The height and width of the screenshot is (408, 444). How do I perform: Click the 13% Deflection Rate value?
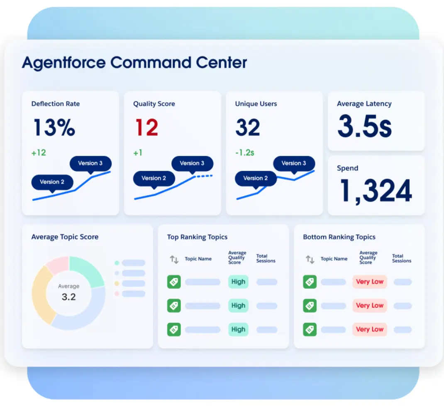click(54, 128)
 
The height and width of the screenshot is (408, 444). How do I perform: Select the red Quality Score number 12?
click(146, 128)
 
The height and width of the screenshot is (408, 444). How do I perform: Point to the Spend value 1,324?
click(376, 191)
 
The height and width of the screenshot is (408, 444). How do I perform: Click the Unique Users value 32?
click(248, 128)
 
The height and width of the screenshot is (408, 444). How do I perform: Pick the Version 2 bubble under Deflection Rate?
click(52, 182)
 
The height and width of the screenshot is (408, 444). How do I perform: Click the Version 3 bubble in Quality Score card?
click(192, 163)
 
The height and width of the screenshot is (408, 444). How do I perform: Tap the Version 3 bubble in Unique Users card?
click(294, 163)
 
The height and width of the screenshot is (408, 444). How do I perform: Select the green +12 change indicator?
click(39, 152)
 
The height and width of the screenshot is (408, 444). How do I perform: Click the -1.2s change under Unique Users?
click(244, 152)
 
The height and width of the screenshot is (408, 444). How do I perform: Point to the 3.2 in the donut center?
click(68, 297)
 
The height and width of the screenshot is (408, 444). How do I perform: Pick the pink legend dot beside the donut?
click(117, 294)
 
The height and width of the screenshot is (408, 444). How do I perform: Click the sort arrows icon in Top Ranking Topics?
click(174, 260)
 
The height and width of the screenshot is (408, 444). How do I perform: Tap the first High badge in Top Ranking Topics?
click(238, 282)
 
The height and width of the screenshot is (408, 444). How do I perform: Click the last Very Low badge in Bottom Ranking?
click(369, 329)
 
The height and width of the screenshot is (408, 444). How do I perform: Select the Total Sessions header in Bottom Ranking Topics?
click(401, 258)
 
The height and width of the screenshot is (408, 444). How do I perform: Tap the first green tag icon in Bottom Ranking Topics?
click(310, 282)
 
